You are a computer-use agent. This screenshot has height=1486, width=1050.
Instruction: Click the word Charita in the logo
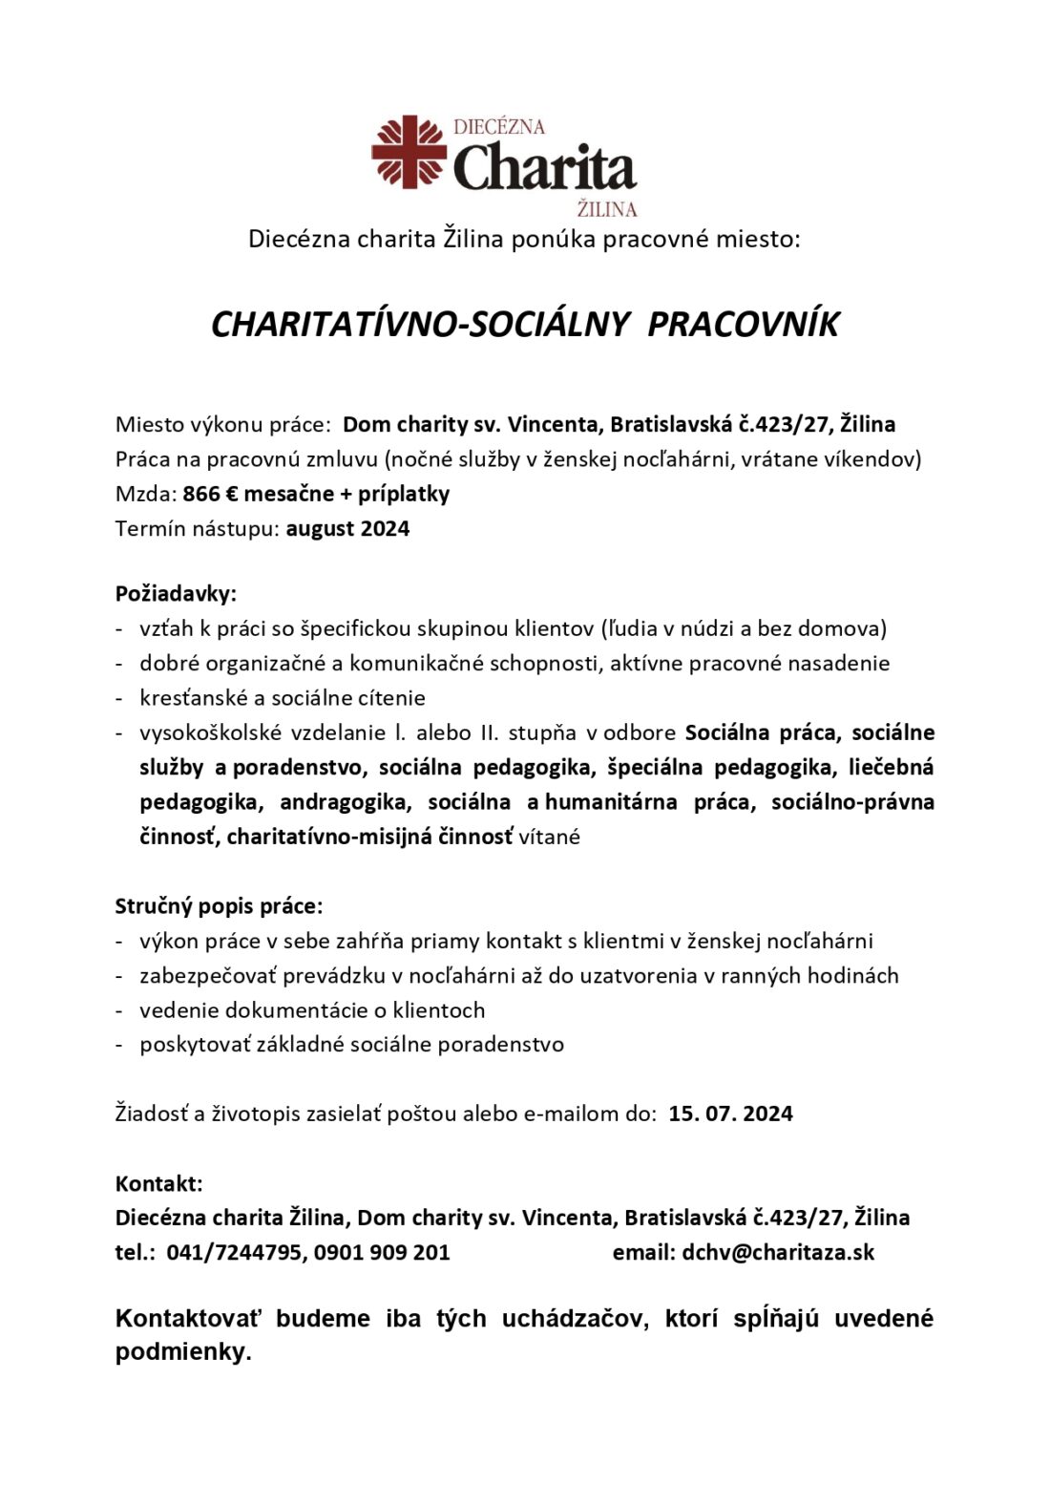point(544,168)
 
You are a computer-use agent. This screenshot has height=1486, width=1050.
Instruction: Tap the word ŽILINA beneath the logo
point(607,208)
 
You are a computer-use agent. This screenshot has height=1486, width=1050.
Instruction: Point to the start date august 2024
point(347,528)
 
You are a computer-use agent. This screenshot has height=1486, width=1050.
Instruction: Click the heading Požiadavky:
point(176,593)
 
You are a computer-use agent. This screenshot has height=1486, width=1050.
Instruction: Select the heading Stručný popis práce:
point(219,905)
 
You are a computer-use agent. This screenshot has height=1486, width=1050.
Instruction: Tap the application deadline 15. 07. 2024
point(730,1114)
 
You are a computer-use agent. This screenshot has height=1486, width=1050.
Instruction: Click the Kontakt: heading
point(158,1183)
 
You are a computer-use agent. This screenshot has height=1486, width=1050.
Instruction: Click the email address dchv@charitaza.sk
point(778,1252)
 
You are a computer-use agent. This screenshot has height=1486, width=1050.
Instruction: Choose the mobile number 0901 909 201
point(382,1252)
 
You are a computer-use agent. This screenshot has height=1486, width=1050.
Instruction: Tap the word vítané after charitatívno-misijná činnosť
point(549,837)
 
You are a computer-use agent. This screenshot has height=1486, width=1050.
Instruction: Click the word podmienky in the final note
point(180,1352)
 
